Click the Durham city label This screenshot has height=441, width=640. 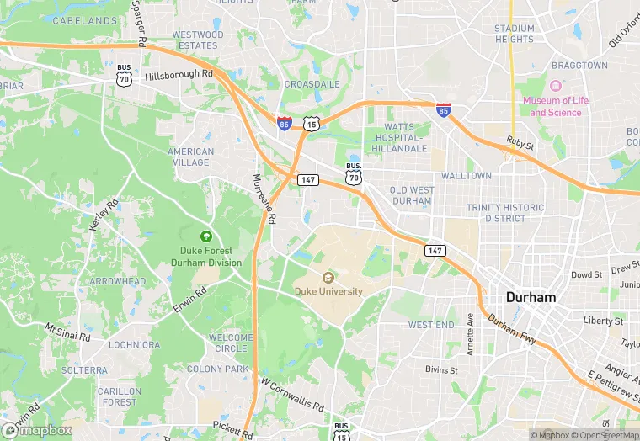click(x=531, y=298)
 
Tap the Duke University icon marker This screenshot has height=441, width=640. click(x=328, y=277)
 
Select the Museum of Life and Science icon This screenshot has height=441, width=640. click(x=556, y=87)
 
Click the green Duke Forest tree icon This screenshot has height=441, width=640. click(x=206, y=236)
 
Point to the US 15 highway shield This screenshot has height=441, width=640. click(x=312, y=124)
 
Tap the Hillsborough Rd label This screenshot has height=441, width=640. click(x=179, y=75)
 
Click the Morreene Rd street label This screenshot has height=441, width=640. click(x=264, y=199)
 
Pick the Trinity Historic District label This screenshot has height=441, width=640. click(x=504, y=213)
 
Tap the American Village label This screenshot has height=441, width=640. click(x=190, y=157)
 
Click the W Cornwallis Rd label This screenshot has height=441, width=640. click(x=292, y=395)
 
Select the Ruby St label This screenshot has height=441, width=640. click(x=520, y=144)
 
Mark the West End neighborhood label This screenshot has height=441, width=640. click(x=431, y=325)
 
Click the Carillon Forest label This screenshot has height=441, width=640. click(x=119, y=396)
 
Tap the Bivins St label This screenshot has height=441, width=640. click(x=441, y=369)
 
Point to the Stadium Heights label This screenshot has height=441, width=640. click(x=514, y=34)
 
